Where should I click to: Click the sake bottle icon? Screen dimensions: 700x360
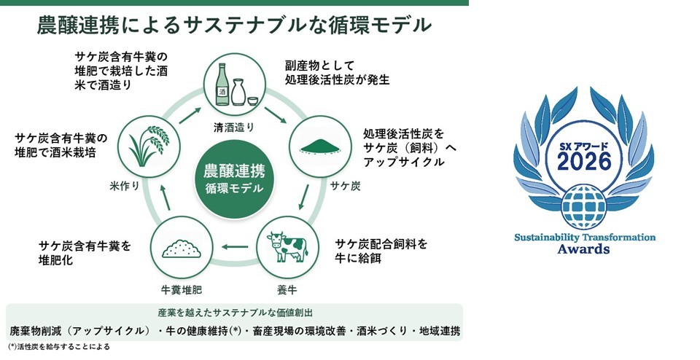point(222,85)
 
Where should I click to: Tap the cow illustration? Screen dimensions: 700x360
point(287,246)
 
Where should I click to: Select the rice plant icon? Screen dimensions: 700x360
point(149,146)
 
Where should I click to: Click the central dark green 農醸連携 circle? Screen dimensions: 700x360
point(234,179)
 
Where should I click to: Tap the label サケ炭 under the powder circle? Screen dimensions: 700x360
point(345,186)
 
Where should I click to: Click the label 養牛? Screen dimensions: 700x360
point(287,290)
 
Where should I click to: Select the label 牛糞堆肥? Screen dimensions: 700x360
point(182,290)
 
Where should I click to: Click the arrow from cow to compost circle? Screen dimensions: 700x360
point(236,246)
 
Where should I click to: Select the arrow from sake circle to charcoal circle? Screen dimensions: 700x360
point(275,114)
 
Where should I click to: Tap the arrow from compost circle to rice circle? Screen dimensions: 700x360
point(165,197)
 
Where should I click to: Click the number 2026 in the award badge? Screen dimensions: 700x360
point(584,161)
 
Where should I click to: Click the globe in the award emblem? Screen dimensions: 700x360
point(584,206)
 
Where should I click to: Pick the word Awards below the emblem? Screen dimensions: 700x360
point(583,249)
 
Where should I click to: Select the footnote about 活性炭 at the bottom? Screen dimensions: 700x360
point(58,347)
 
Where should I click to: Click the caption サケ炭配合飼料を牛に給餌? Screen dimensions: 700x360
point(381,251)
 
